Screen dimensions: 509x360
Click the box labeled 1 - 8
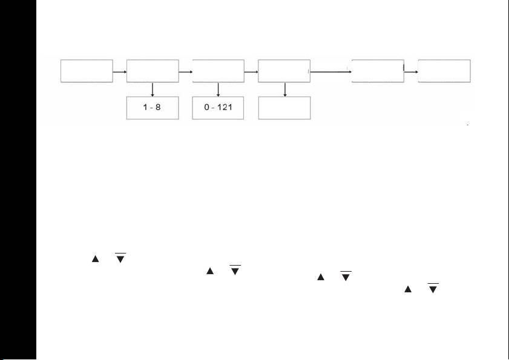click(x=153, y=108)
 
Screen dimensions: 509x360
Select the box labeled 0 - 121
click(x=218, y=108)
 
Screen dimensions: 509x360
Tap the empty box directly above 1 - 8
click(x=153, y=71)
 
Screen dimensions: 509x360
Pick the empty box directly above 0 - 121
click(x=218, y=71)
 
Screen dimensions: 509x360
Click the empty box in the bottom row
click(x=284, y=108)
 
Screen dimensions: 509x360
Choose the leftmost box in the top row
click(x=87, y=71)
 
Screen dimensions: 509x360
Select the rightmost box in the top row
click(x=444, y=71)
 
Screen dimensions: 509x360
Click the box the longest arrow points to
click(x=378, y=71)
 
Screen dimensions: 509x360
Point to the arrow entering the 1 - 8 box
click(x=153, y=90)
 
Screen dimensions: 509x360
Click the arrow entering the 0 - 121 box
click(x=218, y=90)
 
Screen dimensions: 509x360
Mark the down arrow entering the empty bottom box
click(x=284, y=90)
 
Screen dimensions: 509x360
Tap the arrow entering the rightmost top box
click(x=411, y=71)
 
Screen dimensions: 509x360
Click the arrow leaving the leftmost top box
click(x=120, y=71)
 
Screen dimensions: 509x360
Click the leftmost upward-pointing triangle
click(x=95, y=259)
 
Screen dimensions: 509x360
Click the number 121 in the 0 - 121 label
click(x=224, y=108)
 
